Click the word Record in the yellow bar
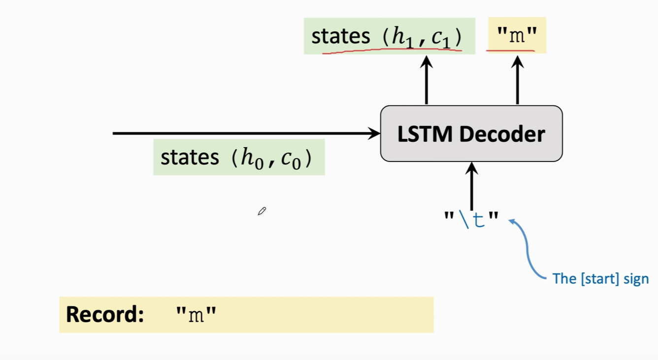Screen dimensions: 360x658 [104, 314]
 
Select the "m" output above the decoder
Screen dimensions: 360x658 [517, 35]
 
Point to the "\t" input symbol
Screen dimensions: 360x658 [471, 219]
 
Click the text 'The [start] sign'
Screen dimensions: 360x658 [600, 279]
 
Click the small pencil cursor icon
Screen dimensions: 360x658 [262, 211]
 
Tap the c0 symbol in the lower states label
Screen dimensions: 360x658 [290, 159]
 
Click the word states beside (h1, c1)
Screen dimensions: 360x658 [340, 36]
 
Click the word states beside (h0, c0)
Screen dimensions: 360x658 [190, 158]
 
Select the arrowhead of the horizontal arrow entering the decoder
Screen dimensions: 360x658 [375, 133]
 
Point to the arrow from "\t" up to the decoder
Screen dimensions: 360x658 [472, 187]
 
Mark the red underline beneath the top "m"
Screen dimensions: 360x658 [511, 50]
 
